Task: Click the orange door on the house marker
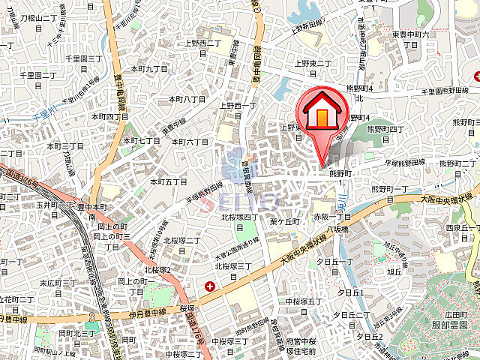coord(320,117)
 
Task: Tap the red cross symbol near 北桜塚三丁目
coord(208,285)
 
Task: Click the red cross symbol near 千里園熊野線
coord(477,76)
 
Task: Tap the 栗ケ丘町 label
coord(284,222)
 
